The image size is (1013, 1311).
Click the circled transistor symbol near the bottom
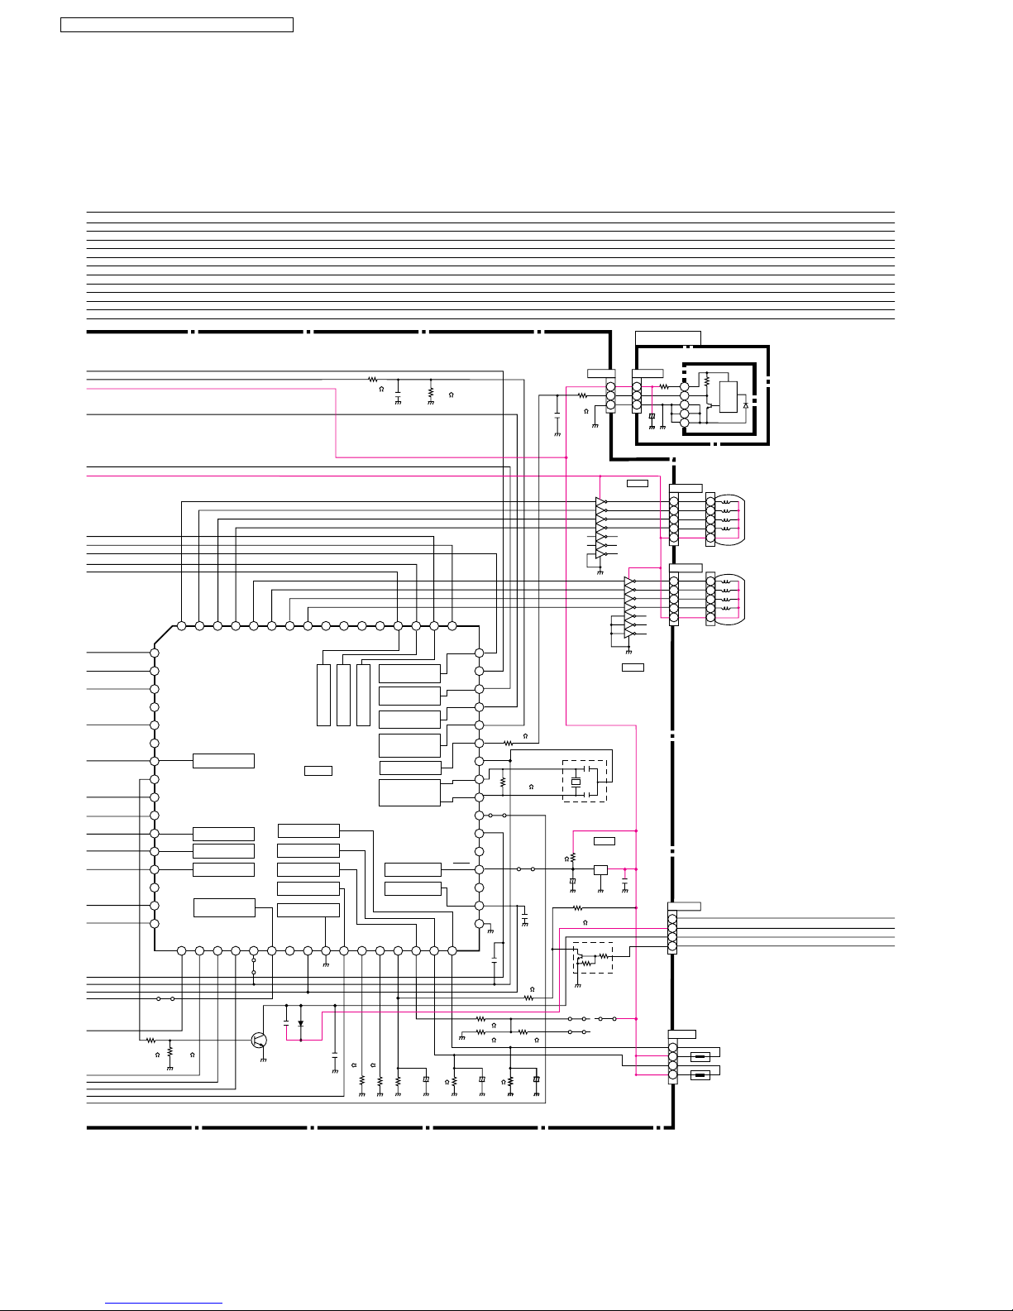click(260, 1040)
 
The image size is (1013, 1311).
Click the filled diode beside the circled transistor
click(300, 1023)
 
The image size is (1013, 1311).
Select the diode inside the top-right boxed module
click(746, 405)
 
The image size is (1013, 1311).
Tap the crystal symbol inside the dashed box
click(576, 782)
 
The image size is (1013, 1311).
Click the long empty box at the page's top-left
click(177, 25)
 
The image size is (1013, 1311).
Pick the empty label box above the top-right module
click(668, 337)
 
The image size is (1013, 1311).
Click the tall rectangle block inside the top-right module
click(729, 397)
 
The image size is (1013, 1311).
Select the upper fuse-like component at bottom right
click(700, 1056)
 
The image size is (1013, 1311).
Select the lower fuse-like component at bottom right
click(700, 1074)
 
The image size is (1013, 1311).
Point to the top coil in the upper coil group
click(726, 502)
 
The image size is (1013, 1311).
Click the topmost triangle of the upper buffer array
click(600, 502)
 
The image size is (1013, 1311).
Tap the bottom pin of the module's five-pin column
click(685, 423)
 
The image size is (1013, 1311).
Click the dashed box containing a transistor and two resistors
click(593, 958)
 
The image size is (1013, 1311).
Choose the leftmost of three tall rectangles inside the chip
click(324, 695)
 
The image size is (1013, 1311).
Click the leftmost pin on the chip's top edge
click(181, 626)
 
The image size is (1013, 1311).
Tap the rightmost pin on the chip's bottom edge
click(452, 951)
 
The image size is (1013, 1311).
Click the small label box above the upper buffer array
click(638, 483)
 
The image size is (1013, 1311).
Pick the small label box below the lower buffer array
click(633, 667)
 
